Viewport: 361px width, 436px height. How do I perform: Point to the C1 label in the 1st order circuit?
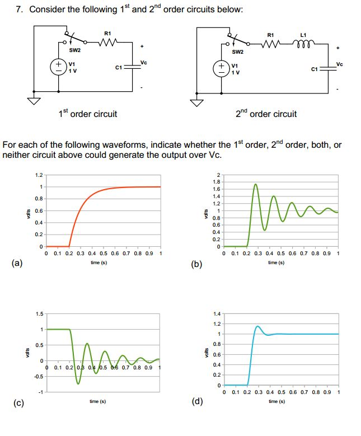coord(118,68)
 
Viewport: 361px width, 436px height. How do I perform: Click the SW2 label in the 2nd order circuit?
coord(238,53)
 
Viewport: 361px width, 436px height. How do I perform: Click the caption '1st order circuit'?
coord(88,114)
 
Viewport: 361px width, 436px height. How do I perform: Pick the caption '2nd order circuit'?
coord(266,114)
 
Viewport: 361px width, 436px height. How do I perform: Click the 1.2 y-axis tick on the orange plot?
coord(38,175)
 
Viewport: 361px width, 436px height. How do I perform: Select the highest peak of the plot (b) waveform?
coord(256,184)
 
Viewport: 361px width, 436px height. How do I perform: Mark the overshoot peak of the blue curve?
coord(257,326)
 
